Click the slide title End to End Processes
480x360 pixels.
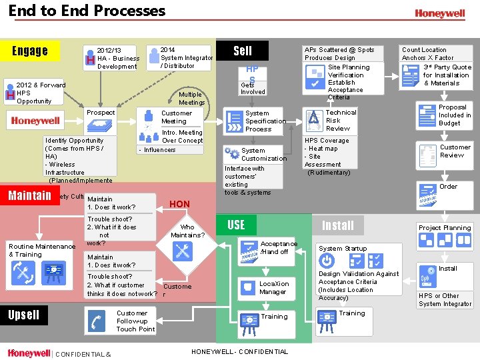point(87,11)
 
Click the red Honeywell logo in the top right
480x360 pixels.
point(439,13)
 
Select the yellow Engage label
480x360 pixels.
point(31,51)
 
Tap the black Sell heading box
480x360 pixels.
point(243,51)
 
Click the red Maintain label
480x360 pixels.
point(29,195)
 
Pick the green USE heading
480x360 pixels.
point(236,225)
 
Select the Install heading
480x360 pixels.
point(338,225)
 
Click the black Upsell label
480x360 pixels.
point(24,315)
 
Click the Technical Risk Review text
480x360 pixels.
point(341,121)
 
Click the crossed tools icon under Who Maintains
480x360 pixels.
point(182,251)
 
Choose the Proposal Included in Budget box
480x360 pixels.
point(444,115)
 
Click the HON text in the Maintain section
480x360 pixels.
point(179,204)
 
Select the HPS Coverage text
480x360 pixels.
point(327,141)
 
